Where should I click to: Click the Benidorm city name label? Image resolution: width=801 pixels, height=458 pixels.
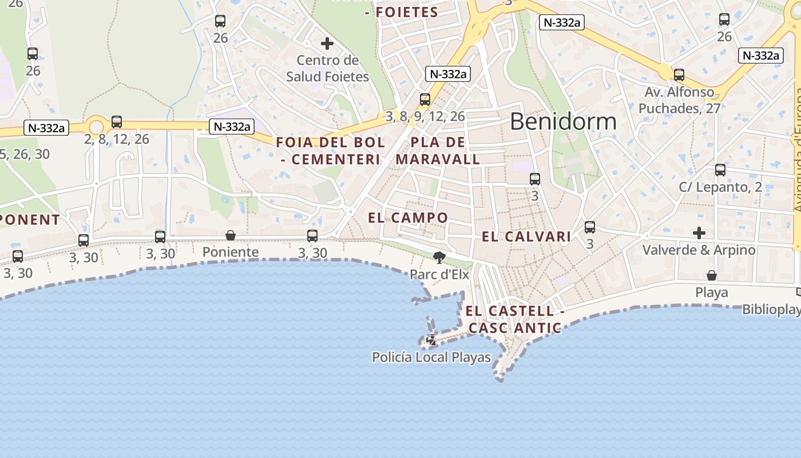[563, 121]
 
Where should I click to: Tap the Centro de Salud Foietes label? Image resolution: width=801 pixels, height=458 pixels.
[327, 68]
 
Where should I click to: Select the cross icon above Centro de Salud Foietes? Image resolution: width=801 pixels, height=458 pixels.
[327, 44]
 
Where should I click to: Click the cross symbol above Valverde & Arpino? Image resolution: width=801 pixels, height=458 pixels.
[699, 233]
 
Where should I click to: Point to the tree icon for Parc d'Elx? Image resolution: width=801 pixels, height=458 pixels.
[439, 258]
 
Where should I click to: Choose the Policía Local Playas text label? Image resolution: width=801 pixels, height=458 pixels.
[431, 358]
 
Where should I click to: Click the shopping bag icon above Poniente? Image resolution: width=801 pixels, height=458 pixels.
[231, 235]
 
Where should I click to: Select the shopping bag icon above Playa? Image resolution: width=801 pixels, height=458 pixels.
[712, 276]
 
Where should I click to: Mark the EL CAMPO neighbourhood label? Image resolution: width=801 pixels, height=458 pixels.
[408, 218]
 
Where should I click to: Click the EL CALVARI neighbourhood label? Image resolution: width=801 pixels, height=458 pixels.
[526, 236]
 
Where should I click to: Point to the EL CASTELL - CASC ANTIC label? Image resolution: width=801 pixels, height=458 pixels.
[514, 319]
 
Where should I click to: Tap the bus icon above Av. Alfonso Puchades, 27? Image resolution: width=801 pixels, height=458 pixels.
[679, 74]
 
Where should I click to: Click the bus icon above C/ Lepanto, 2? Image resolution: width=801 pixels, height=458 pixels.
[720, 170]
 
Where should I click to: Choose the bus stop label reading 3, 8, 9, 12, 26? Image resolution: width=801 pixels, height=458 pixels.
[425, 117]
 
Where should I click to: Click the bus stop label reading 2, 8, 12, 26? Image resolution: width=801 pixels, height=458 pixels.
[117, 139]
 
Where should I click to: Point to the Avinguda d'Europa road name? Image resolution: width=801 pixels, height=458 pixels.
[798, 149]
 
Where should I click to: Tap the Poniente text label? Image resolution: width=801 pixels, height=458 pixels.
[231, 252]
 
